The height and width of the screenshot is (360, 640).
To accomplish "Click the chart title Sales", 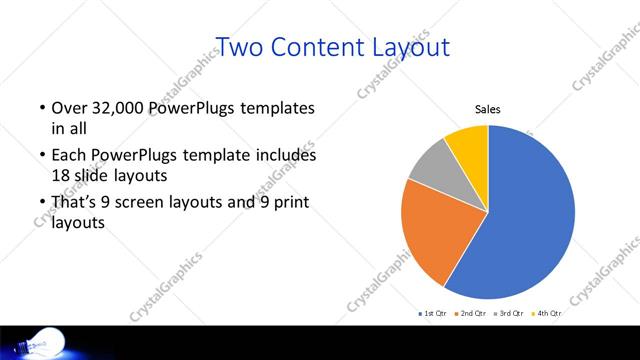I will pos(487,109).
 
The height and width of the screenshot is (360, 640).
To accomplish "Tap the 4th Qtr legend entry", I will pos(547,314).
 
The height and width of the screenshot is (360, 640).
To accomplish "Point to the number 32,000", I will pos(113,107).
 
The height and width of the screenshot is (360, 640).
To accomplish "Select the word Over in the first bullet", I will pos(66,107).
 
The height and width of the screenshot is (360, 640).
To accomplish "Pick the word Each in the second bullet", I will pos(66,156).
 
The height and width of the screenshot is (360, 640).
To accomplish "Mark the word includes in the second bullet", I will pos(285,156).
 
